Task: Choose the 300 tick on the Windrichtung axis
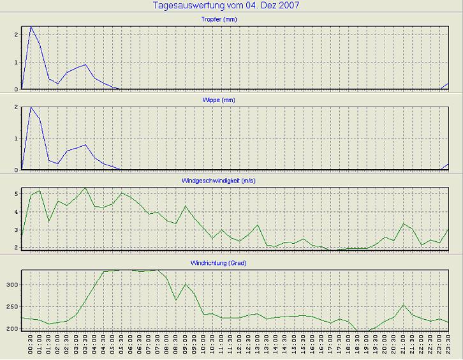(11, 285)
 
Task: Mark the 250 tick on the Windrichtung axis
(11, 307)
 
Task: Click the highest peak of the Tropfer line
(31, 27)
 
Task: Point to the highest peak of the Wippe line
(31, 107)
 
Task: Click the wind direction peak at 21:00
(404, 305)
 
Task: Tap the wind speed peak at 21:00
(404, 223)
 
